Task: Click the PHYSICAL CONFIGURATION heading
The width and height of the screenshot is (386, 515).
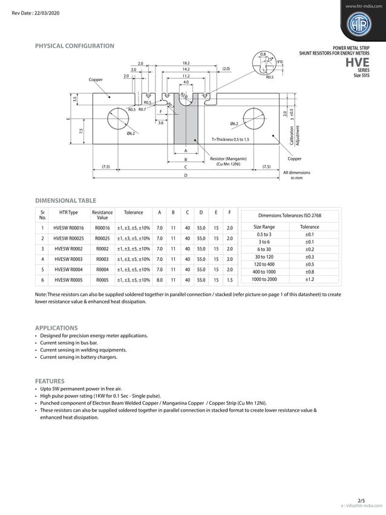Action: (x=74, y=46)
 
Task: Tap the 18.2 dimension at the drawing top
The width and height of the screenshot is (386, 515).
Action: (x=186, y=63)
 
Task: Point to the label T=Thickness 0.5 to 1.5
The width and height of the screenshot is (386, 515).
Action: (x=230, y=139)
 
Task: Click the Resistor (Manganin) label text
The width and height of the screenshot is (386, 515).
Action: (x=227, y=159)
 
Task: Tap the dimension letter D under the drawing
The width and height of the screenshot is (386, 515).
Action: (x=186, y=175)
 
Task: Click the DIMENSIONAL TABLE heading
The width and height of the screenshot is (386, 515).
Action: (x=65, y=200)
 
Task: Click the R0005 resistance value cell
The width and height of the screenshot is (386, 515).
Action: (x=102, y=280)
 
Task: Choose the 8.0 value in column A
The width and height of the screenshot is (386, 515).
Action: (x=159, y=280)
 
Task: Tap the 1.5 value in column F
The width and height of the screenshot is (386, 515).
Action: (x=229, y=280)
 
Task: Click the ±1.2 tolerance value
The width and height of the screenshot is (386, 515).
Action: (x=309, y=279)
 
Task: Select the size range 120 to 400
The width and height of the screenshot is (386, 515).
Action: (x=264, y=264)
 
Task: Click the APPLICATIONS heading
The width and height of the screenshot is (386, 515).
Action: (x=56, y=327)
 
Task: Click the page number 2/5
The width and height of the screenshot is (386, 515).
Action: (x=361, y=500)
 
